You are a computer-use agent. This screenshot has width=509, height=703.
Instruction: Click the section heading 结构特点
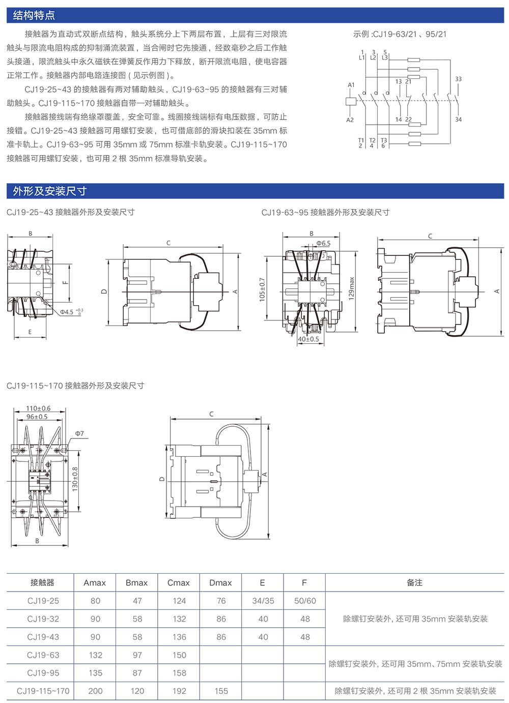pyautogui.click(x=34, y=15)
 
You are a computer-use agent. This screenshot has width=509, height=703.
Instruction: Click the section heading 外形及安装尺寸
pyautogui.click(x=50, y=191)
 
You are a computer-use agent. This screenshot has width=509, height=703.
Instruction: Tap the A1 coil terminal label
pyautogui.click(x=351, y=85)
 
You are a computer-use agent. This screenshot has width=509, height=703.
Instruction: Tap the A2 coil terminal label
pyautogui.click(x=350, y=120)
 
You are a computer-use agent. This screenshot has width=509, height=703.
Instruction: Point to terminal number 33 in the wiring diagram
pyautogui.click(x=458, y=79)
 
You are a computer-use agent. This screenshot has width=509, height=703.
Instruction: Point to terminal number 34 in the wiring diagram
pyautogui.click(x=458, y=120)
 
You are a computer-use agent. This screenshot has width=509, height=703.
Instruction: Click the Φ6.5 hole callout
pyautogui.click(x=323, y=244)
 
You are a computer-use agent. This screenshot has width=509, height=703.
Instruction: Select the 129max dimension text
pyautogui.click(x=351, y=289)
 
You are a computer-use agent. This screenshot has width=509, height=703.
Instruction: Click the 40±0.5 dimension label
pyautogui.click(x=308, y=339)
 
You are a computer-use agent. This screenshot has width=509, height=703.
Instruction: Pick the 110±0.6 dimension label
pyautogui.click(x=38, y=408)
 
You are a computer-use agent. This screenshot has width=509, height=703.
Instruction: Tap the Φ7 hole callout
pyautogui.click(x=79, y=434)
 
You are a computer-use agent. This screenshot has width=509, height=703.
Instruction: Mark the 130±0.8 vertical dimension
pyautogui.click(x=75, y=479)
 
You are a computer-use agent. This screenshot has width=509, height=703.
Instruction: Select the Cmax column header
pyautogui.click(x=179, y=583)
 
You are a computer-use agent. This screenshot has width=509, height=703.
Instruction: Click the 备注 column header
pyautogui.click(x=414, y=583)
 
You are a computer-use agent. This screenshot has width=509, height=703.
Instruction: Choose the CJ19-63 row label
pyautogui.click(x=43, y=655)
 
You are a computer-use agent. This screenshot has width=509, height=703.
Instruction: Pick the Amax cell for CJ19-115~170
pyautogui.click(x=95, y=691)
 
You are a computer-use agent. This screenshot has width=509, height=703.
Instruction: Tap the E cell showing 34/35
pyautogui.click(x=263, y=601)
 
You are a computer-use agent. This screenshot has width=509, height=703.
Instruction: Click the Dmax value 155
pyautogui.click(x=221, y=691)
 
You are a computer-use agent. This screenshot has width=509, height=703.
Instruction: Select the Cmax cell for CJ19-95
pyautogui.click(x=179, y=673)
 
